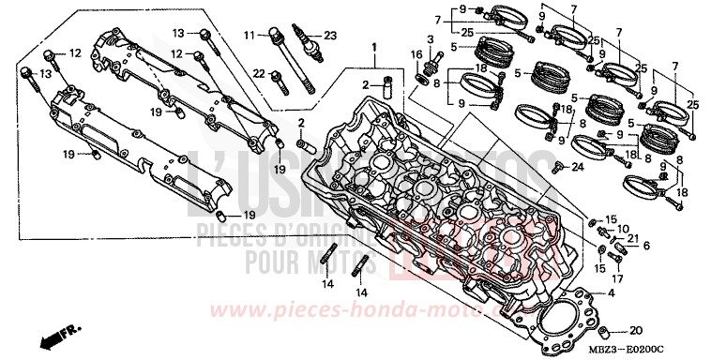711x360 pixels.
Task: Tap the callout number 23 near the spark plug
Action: [x=329, y=36]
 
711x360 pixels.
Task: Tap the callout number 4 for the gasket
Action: [x=612, y=294]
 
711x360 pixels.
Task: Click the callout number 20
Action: [x=635, y=330]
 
